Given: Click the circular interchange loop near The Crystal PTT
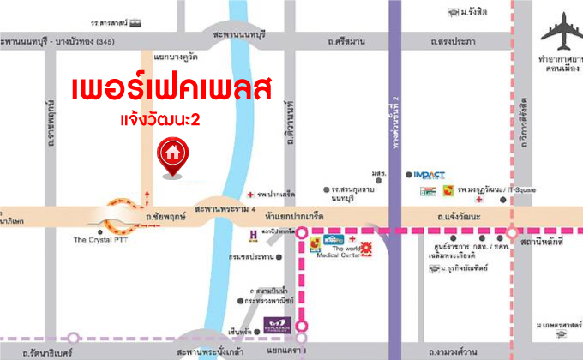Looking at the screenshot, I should pyautogui.click(x=119, y=216).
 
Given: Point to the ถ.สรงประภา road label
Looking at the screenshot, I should pyautogui.click(x=454, y=41).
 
